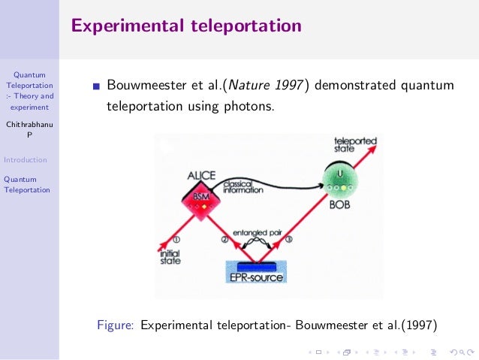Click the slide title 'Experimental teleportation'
[186, 26]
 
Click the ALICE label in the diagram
[200, 176]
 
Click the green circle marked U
[340, 177]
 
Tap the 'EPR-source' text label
[257, 277]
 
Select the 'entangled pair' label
[257, 233]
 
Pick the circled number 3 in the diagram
[289, 240]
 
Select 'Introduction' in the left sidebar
[25, 159]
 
